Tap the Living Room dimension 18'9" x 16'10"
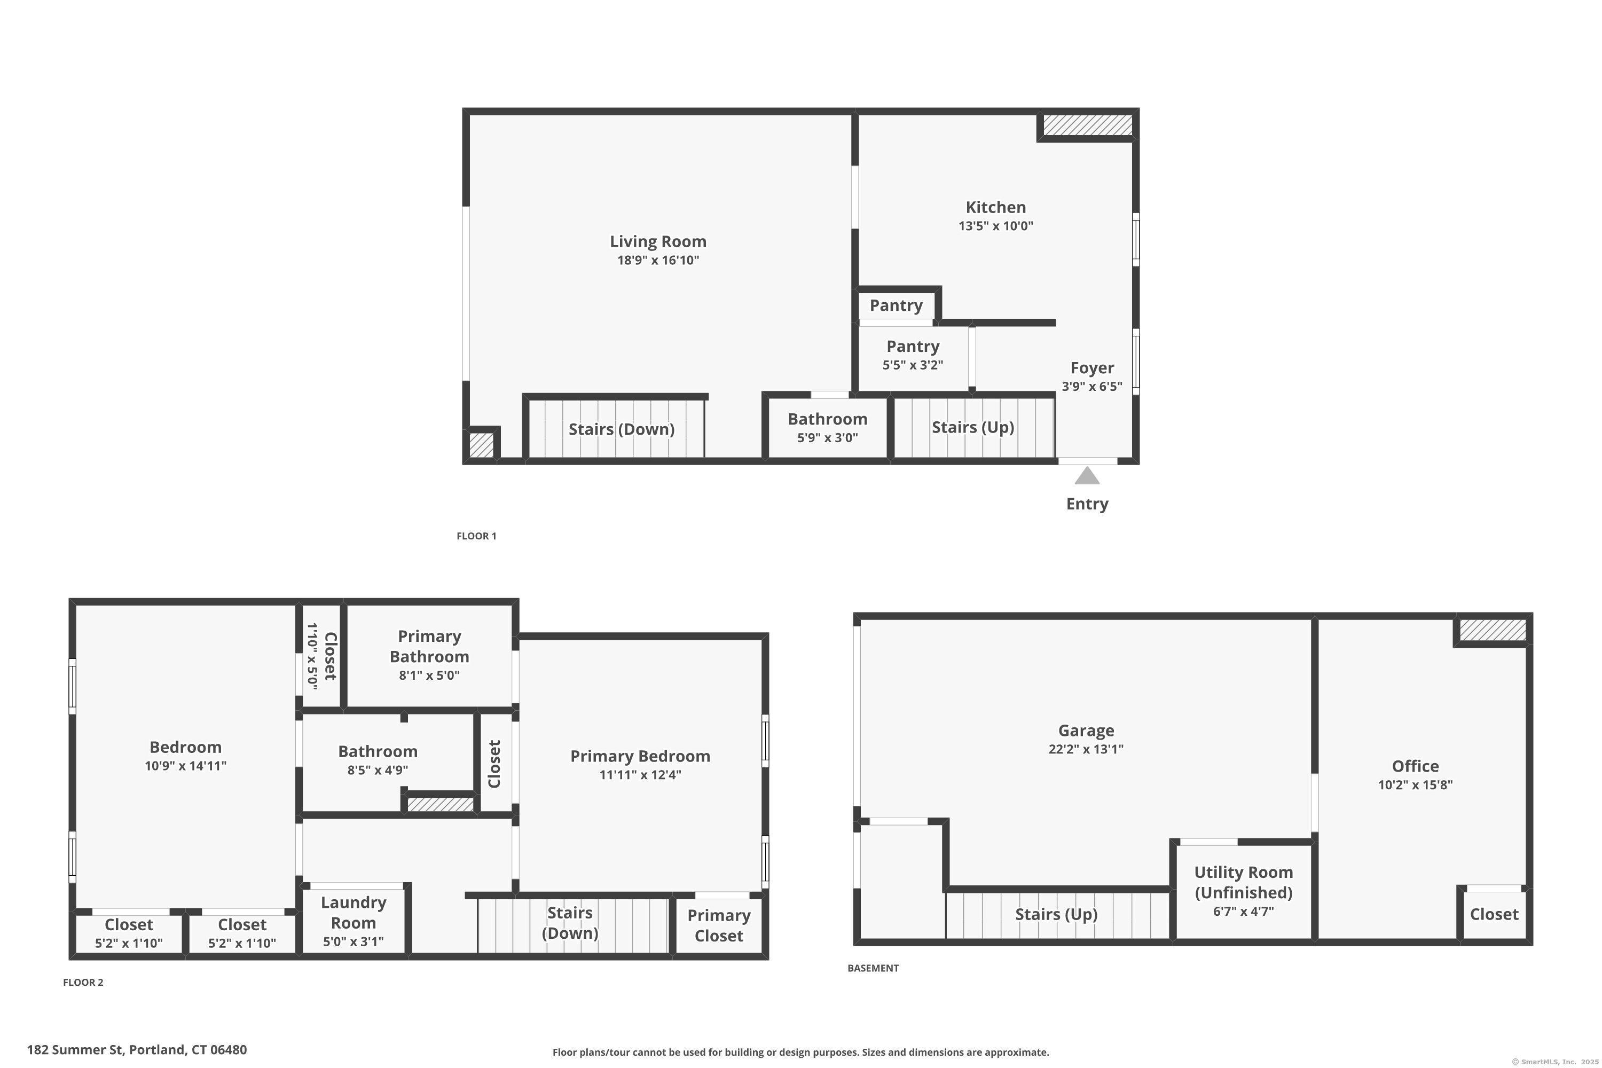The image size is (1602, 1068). [658, 260]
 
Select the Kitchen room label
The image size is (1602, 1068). [995, 208]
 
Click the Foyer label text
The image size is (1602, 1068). [1092, 368]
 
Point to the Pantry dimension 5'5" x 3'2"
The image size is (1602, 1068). [913, 365]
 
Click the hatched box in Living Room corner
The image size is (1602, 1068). [482, 445]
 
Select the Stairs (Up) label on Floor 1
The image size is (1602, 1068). [972, 428]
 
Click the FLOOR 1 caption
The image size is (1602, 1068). [476, 536]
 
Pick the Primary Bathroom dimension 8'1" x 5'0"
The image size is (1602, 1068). [429, 676]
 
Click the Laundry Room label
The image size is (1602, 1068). [354, 913]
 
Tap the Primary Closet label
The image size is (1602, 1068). [719, 925]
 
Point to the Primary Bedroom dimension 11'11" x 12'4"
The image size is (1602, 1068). [640, 774]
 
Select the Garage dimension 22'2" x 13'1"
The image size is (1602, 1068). [1086, 749]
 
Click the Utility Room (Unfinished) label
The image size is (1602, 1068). [1243, 883]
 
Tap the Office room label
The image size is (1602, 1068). [1415, 766]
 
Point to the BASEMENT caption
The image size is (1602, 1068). [873, 968]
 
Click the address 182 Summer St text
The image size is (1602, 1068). [137, 1050]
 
